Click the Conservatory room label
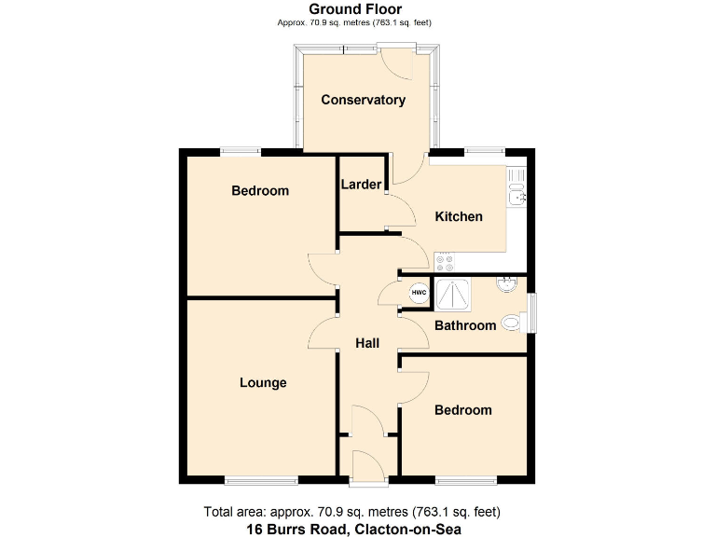[363, 100]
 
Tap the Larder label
[361, 185]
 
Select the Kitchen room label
[459, 216]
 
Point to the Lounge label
[263, 382]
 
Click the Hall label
[367, 343]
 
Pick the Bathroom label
[464, 325]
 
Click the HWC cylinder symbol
[419, 293]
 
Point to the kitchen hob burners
[443, 262]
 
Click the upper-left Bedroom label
[260, 190]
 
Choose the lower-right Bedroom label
[462, 410]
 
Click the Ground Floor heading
[355, 9]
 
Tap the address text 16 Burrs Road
[353, 529]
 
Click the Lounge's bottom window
[261, 480]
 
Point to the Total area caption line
[352, 512]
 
